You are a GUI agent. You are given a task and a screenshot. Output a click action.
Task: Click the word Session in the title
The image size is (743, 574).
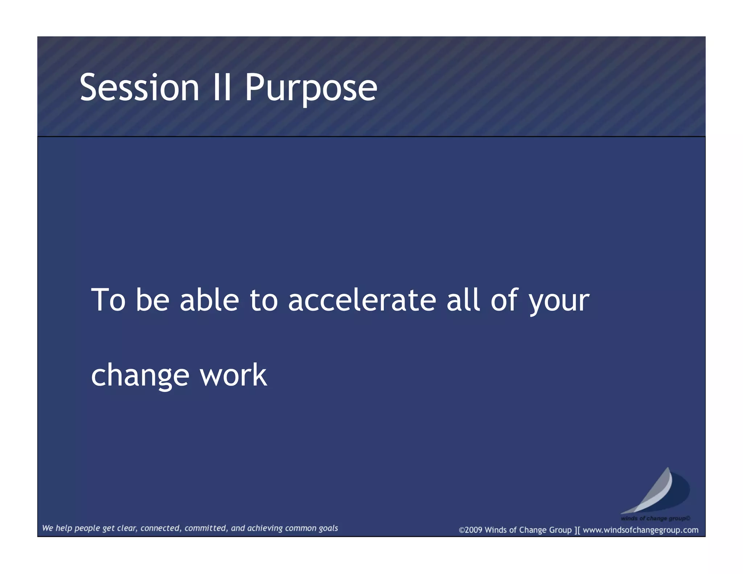(139, 87)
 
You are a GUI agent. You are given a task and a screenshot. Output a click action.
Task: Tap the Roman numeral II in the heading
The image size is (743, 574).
(222, 87)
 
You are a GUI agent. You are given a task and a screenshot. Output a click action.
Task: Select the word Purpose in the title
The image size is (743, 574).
(311, 88)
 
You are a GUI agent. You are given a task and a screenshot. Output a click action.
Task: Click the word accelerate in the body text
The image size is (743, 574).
(362, 300)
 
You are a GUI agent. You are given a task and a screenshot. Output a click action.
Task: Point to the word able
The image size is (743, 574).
(209, 300)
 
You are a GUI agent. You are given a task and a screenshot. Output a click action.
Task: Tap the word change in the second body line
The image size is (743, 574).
(140, 376)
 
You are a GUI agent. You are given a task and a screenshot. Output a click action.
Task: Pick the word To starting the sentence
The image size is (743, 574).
(108, 300)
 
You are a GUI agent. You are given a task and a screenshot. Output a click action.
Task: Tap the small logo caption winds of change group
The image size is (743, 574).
(655, 518)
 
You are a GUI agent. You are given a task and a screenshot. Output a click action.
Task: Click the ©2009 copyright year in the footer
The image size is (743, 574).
(471, 530)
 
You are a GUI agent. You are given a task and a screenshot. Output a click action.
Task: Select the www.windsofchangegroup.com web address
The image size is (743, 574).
(640, 530)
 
